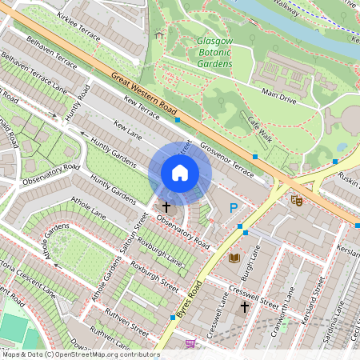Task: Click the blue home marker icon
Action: [180, 173]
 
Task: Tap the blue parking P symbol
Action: [234, 208]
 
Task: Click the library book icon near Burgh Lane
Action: [234, 258]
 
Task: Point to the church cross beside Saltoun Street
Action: [166, 206]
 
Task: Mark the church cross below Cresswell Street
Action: [245, 306]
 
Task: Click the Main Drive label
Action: [279, 97]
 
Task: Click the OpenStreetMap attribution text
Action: [80, 354]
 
